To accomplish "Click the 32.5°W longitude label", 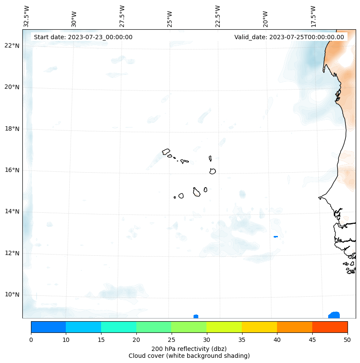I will coord(27,16).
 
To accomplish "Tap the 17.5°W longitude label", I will coord(313,16).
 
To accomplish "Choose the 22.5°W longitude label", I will coord(218,16).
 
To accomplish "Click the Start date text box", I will coord(83,37).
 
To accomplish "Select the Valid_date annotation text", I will coord(289,37).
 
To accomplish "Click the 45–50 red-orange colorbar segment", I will coord(330,327).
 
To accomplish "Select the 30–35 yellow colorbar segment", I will coord(224,327).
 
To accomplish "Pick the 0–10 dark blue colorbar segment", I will coord(48,327).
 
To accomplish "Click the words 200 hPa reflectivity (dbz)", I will coord(189,348).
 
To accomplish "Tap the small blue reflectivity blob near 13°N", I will coord(276,236).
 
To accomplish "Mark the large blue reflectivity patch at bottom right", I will coord(334,315).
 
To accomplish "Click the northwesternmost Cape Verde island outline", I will coord(166,151).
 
